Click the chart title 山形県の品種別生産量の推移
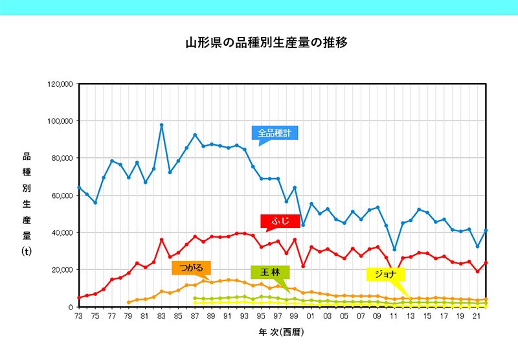266,43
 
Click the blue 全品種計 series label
275,133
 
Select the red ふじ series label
280,221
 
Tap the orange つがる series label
191,268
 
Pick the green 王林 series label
270,272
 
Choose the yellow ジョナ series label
385,274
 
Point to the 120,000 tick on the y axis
60,84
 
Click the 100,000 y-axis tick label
60,121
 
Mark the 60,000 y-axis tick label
62,196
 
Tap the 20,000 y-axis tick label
62,270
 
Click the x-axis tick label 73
78,316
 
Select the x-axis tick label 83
161,316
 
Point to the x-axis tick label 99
294,316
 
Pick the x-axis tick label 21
477,316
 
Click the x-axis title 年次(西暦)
282,332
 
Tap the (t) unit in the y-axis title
27,252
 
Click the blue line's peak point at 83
161,125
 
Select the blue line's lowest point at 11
394,250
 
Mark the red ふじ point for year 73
79,298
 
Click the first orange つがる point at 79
128,302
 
